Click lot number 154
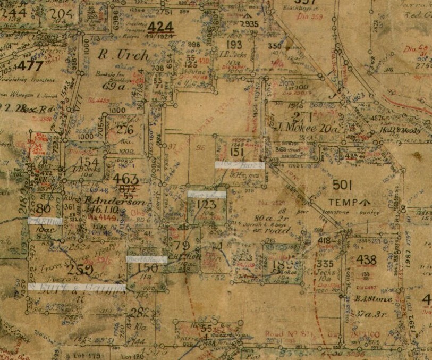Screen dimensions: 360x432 tap(89, 162)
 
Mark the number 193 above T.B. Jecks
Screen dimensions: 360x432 tap(234, 45)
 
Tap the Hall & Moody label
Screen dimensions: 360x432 tap(401, 130)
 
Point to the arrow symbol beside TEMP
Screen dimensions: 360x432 tap(365, 202)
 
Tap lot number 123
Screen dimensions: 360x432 tap(207, 204)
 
